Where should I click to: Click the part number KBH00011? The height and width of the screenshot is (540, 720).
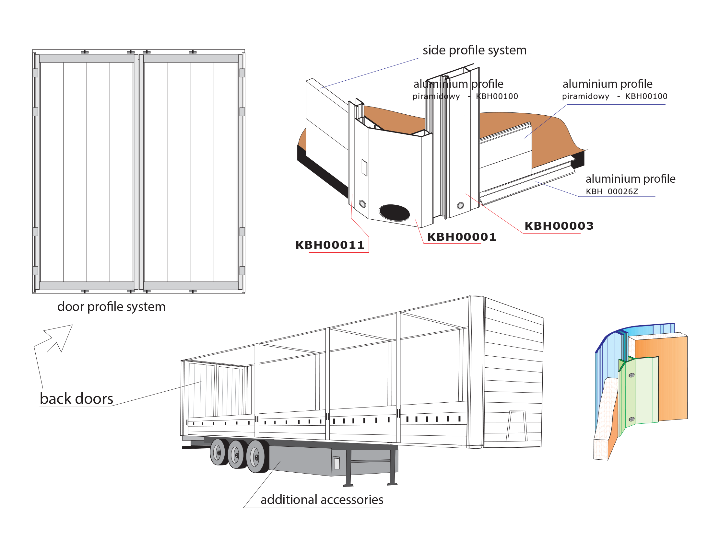329,245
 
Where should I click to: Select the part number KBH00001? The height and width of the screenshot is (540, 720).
461,237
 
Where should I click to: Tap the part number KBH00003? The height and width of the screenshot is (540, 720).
559,226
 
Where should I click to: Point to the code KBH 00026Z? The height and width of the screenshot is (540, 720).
612,191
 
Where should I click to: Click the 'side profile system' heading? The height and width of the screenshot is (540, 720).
474,51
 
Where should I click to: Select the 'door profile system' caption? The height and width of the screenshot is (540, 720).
111,307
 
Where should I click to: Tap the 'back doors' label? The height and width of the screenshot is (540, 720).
77,399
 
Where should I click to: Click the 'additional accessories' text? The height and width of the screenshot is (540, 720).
322,500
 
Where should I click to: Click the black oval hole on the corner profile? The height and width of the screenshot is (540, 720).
394,213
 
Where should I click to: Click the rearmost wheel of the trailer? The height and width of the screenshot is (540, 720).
218,452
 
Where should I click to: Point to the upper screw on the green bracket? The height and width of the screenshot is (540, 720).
631,375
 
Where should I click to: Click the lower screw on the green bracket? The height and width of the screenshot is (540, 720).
631,419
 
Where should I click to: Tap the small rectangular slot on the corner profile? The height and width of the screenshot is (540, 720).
365,167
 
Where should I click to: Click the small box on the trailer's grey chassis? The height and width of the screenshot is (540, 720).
336,464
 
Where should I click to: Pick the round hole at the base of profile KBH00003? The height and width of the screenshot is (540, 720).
460,205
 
